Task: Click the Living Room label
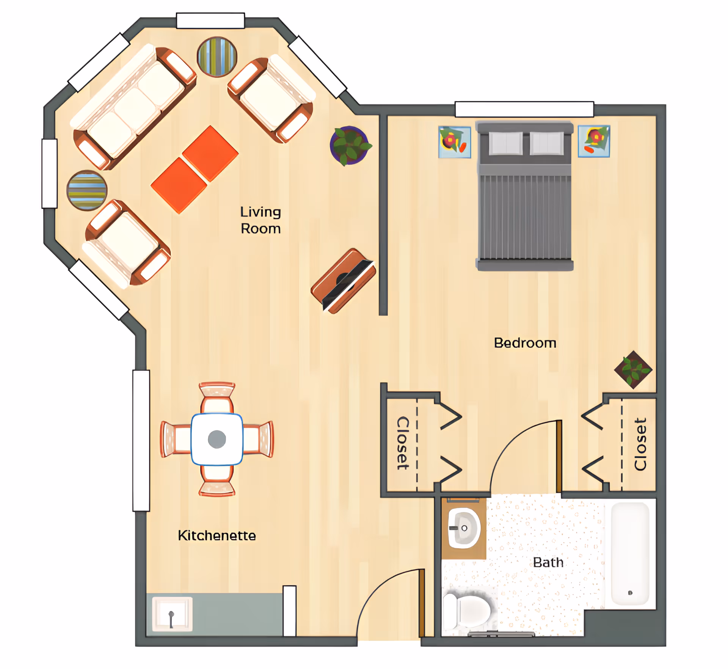pyautogui.click(x=261, y=220)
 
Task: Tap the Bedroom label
pyautogui.click(x=525, y=343)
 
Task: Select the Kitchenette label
pyautogui.click(x=217, y=536)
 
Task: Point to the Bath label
pyautogui.click(x=548, y=562)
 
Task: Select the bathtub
pyautogui.click(x=630, y=554)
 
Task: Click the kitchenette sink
pyautogui.click(x=172, y=614)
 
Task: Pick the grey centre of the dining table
pyautogui.click(x=217, y=440)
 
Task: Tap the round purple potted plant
pyautogui.click(x=350, y=145)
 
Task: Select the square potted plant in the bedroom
pyautogui.click(x=633, y=370)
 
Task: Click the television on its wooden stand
pyautogui.click(x=344, y=281)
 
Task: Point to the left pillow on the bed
pyautogui.click(x=505, y=143)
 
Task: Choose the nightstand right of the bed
pyautogui.click(x=594, y=141)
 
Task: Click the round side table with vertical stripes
pyautogui.click(x=217, y=57)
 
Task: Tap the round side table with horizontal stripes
pyautogui.click(x=87, y=190)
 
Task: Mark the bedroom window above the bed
pyautogui.click(x=524, y=109)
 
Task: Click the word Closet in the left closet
pyautogui.click(x=403, y=443)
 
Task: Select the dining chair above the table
pyautogui.click(x=217, y=398)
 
